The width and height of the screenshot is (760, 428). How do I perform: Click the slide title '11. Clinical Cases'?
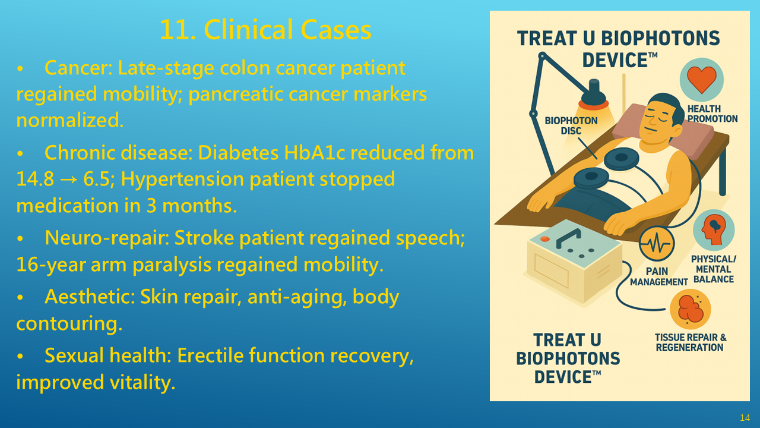(x=265, y=30)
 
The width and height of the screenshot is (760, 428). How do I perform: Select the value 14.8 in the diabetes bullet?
(x=35, y=179)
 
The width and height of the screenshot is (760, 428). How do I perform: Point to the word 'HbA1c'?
(x=314, y=153)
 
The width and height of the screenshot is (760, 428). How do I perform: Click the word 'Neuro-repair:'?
(x=106, y=238)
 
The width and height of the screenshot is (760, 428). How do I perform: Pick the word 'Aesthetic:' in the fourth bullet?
(x=90, y=297)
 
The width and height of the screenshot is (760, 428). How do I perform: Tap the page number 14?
(x=745, y=417)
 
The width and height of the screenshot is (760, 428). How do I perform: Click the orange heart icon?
(x=702, y=80)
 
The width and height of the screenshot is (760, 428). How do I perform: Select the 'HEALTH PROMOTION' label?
(x=712, y=114)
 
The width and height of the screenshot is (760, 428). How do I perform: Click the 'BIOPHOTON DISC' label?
(x=571, y=125)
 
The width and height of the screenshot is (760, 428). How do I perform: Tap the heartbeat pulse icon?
(x=657, y=244)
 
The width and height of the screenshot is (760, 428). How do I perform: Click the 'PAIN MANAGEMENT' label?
(x=658, y=276)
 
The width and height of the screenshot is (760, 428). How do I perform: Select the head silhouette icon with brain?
(x=714, y=230)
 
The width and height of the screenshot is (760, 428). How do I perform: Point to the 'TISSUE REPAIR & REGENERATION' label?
(x=691, y=342)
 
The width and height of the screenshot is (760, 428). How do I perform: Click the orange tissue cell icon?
(x=690, y=309)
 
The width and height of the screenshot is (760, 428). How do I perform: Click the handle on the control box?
(x=568, y=238)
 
